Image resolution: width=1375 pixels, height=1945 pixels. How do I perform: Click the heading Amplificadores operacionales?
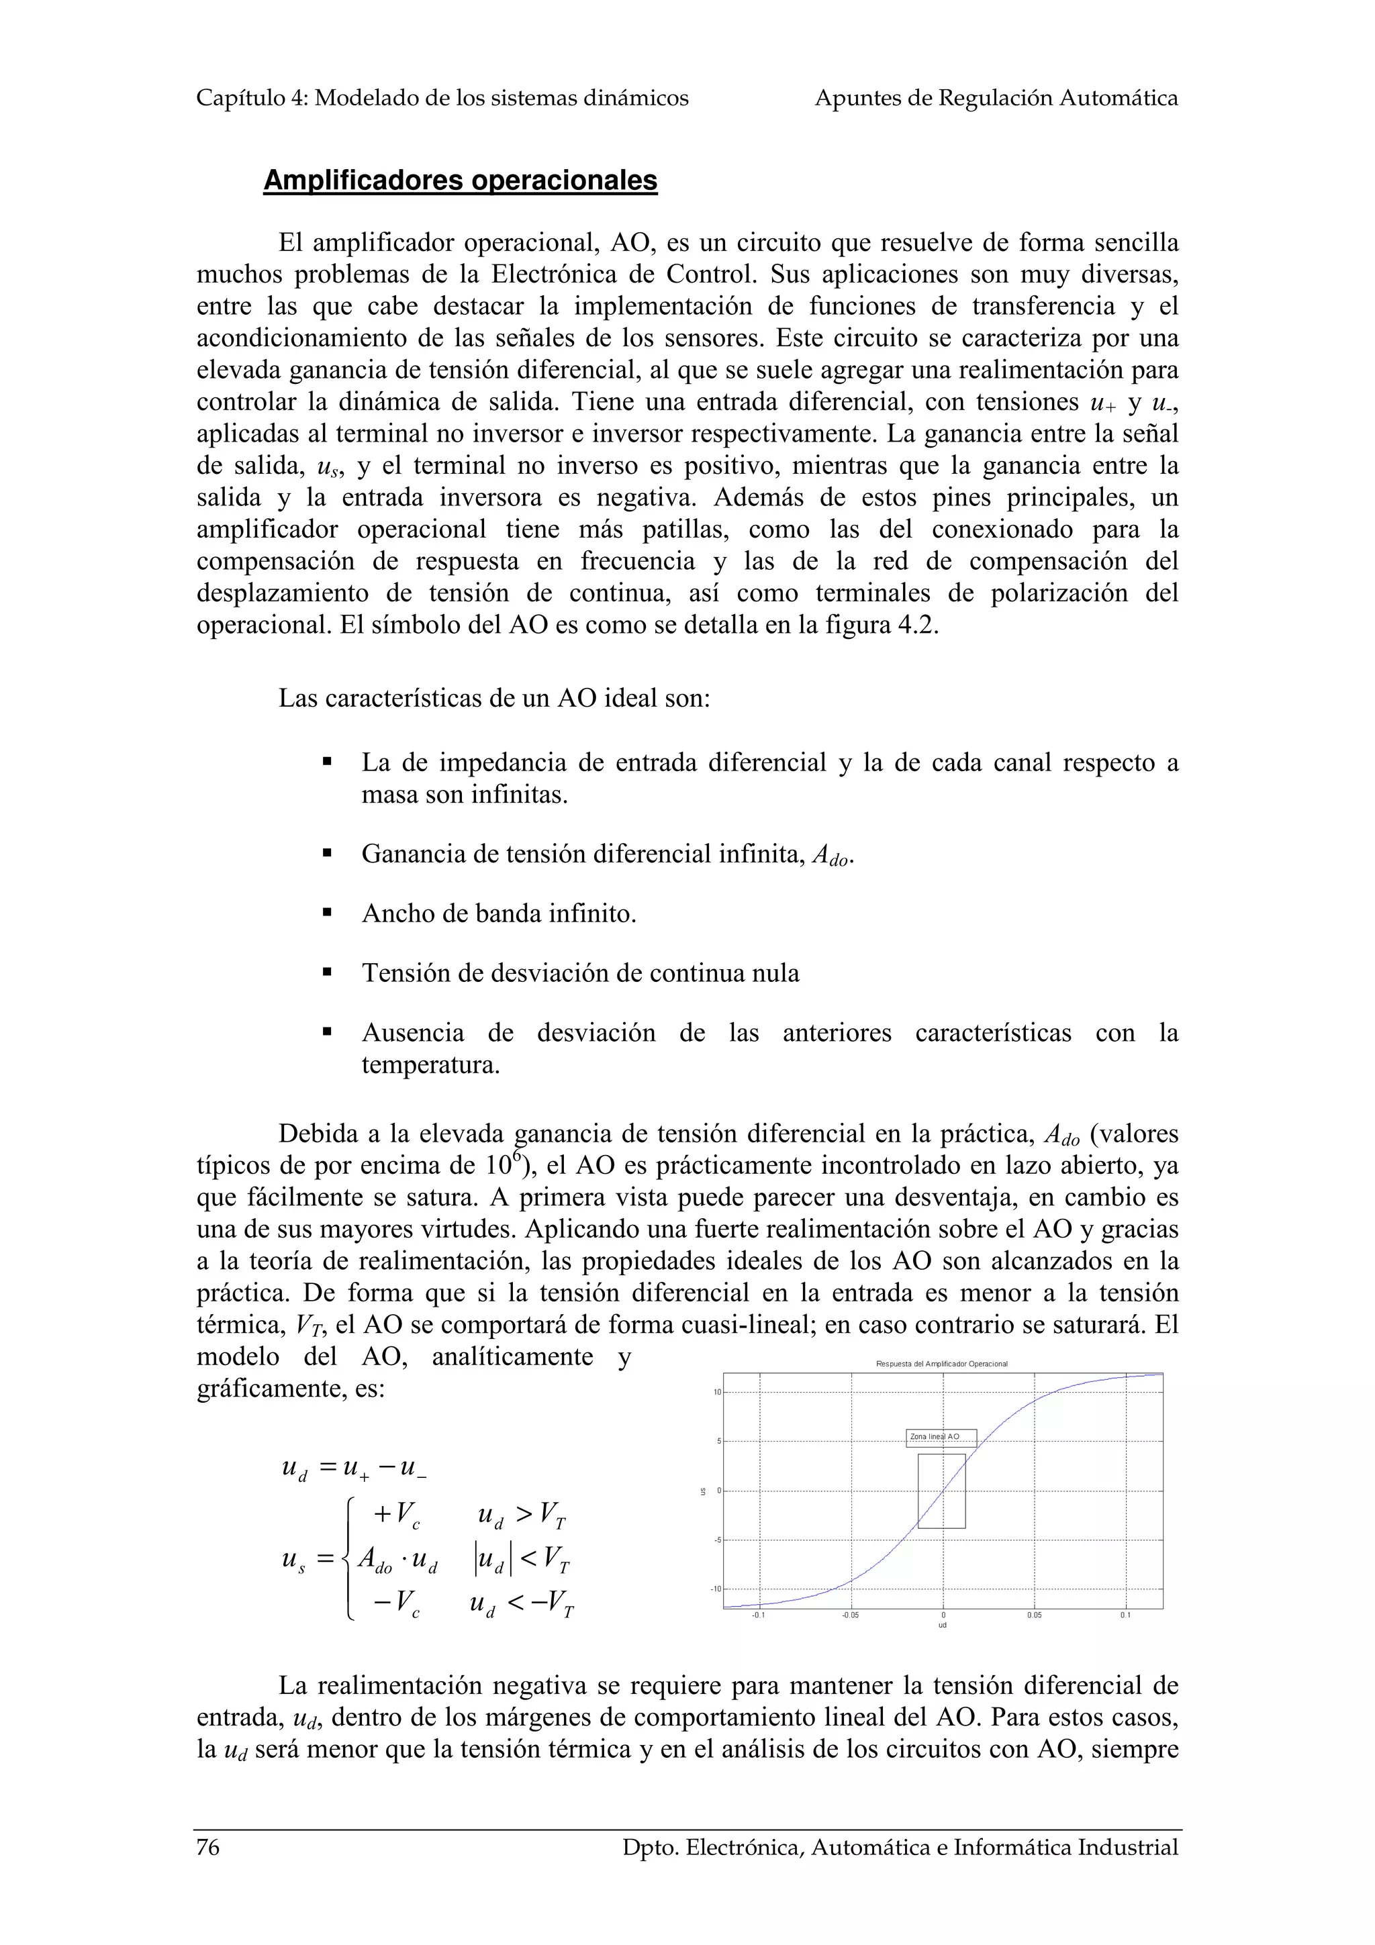tap(460, 181)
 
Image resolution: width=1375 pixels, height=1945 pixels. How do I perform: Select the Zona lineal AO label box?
tap(941, 1438)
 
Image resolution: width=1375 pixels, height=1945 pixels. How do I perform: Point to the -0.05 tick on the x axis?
tap(851, 1615)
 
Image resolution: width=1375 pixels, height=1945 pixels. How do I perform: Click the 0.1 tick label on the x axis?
tap(1125, 1615)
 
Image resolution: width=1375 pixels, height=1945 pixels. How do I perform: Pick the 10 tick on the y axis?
tap(716, 1393)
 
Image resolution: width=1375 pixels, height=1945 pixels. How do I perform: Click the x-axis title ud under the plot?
tap(942, 1625)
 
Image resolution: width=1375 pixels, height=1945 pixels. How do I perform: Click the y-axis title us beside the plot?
tap(702, 1491)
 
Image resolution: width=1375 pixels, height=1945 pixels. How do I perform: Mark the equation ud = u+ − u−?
tap(353, 1468)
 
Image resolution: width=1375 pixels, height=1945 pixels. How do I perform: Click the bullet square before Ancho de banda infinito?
tap(327, 914)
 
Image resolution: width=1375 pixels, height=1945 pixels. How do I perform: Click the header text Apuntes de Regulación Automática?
tap(996, 98)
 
